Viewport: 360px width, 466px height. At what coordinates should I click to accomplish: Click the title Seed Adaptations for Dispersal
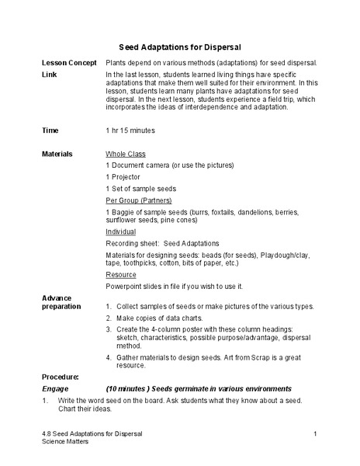point(180,47)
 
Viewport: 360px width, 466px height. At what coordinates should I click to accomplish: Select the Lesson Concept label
point(69,62)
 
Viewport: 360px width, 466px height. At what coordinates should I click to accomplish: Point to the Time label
point(50,130)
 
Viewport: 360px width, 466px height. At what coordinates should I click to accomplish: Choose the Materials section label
point(57,154)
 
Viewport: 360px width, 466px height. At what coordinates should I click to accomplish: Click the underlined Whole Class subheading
point(126,154)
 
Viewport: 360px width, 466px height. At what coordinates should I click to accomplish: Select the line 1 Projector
point(123,177)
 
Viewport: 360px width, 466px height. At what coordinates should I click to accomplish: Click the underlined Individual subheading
point(121,231)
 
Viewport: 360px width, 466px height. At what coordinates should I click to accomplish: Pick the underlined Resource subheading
point(121,274)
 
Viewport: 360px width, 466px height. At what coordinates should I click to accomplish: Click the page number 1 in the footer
point(317,433)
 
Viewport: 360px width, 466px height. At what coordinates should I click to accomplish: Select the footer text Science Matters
point(66,441)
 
